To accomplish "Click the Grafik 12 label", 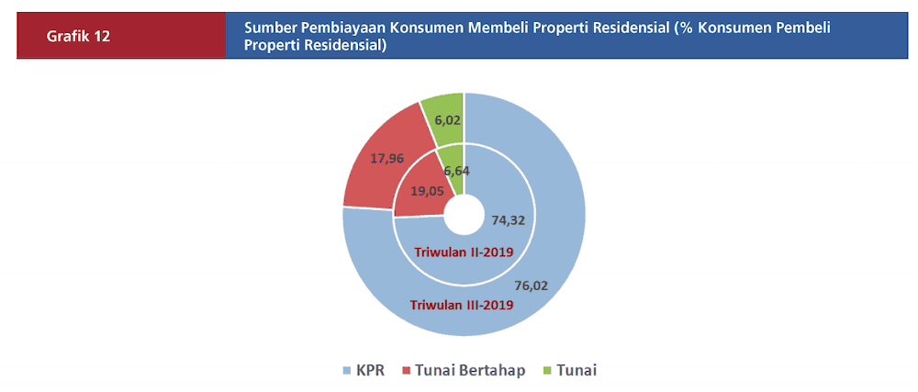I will [x=79, y=36].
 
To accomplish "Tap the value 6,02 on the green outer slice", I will [x=447, y=119].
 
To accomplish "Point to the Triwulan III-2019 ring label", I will [x=462, y=305].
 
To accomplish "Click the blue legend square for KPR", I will [x=347, y=371].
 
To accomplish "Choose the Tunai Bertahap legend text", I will [x=470, y=370].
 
